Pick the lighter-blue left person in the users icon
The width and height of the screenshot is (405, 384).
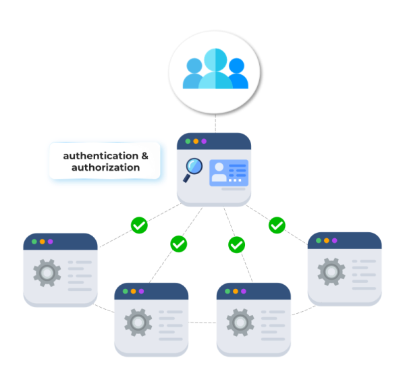pyautogui.click(x=194, y=74)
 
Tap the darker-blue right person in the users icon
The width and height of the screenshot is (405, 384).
pyautogui.click(x=237, y=74)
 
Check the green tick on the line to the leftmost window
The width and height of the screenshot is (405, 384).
pyautogui.click(x=139, y=225)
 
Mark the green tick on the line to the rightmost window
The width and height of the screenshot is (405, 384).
pyautogui.click(x=277, y=225)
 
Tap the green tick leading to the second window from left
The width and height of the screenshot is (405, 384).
pyautogui.click(x=179, y=244)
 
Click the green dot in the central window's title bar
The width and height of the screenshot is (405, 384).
pyautogui.click(x=188, y=142)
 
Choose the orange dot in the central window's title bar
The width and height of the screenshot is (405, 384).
pyautogui.click(x=196, y=142)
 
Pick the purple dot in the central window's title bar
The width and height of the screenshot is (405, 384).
pyautogui.click(x=205, y=142)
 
